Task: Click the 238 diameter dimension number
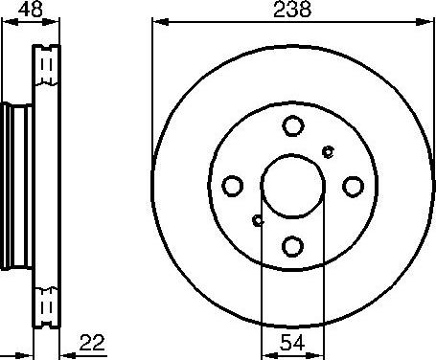(292, 11)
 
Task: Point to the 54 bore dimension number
(294, 341)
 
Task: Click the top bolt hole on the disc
(293, 125)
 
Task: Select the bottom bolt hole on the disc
(293, 246)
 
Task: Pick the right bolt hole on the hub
(354, 186)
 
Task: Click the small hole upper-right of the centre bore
(329, 150)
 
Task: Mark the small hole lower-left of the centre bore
(258, 221)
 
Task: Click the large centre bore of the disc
(293, 186)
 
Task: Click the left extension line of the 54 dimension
(262, 287)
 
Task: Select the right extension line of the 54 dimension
(325, 287)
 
